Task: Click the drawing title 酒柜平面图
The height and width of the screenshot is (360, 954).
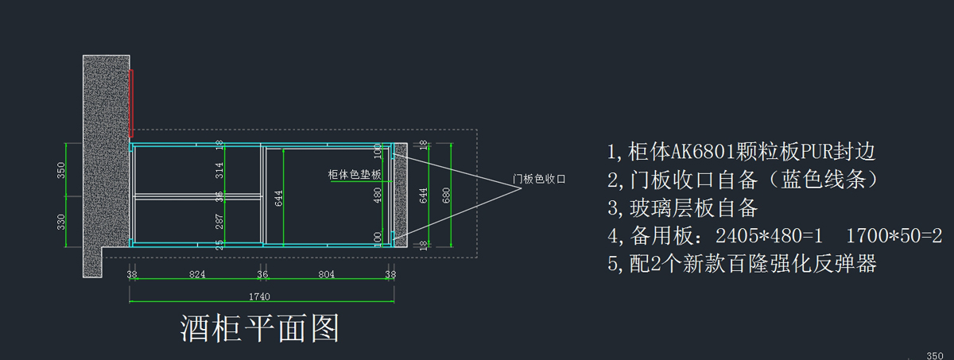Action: tap(259, 328)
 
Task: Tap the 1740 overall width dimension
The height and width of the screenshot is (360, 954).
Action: tap(259, 296)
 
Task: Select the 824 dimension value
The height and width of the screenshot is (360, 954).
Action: tap(197, 274)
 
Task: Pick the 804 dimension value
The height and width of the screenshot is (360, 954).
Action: tap(326, 274)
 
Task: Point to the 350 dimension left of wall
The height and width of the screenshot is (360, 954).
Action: tap(61, 170)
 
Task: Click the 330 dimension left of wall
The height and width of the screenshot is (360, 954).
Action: tap(61, 222)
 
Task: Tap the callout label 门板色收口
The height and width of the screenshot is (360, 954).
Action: tap(539, 179)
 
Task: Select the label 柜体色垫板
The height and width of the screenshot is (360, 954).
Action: tap(355, 175)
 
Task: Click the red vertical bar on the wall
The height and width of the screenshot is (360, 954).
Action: tap(131, 103)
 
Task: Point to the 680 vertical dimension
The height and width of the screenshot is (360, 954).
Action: tap(446, 195)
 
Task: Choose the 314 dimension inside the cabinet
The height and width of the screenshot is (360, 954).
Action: tap(219, 170)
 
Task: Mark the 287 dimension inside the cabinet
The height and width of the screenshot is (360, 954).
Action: tap(219, 222)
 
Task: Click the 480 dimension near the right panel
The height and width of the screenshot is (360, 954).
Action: tap(378, 195)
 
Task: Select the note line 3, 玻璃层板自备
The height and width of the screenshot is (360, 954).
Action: tap(683, 208)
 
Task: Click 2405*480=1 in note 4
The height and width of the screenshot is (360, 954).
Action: tap(770, 236)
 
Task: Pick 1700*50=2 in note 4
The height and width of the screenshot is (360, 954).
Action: tap(894, 236)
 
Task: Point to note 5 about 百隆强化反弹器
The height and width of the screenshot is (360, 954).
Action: tap(742, 264)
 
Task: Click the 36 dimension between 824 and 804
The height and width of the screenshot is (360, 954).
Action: tap(262, 274)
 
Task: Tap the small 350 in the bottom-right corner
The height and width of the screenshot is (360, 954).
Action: tap(935, 356)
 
